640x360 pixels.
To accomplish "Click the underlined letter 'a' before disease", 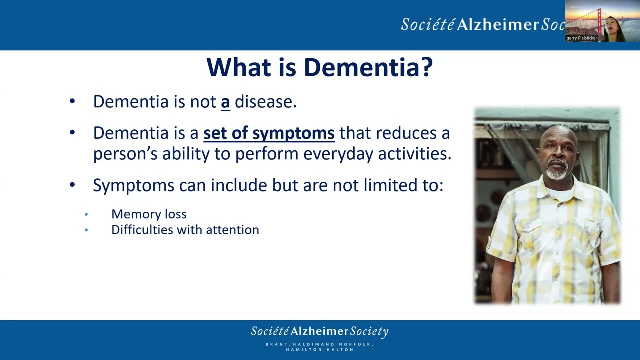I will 225,102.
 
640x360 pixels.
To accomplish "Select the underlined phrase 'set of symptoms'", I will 269,133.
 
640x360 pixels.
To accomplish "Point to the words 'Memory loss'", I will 149,214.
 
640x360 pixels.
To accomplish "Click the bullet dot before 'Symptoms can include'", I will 72,185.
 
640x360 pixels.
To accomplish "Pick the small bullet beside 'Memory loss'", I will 86,214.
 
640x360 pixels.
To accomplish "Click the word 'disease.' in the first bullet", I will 266,102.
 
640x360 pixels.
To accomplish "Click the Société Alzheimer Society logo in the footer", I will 319,331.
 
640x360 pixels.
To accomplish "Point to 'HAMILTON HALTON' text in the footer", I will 319,350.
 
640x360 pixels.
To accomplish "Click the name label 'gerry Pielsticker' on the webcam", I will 582,38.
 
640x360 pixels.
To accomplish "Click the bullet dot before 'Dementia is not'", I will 72,102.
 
